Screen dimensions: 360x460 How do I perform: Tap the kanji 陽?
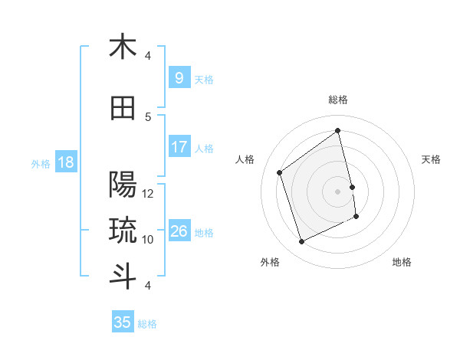coord(123,185)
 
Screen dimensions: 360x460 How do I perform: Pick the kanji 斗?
coord(123,277)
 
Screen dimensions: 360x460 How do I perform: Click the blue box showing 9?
coord(179,77)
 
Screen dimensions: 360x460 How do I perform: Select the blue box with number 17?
coord(179,147)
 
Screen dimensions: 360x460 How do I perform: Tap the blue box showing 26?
coord(179,231)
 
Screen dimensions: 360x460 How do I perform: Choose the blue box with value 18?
coord(65,162)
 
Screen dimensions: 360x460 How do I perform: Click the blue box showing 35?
coord(123,322)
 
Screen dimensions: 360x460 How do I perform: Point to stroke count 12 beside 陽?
coord(149,194)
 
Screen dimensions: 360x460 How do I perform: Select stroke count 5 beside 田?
coord(149,117)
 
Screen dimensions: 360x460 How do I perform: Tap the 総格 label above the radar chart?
coord(338,100)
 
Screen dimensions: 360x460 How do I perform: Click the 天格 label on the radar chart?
coord(431,159)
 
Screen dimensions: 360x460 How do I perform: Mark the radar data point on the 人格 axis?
coord(280,172)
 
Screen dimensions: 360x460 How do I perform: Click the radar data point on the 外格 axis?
coord(301,242)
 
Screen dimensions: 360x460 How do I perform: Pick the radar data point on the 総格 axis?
coord(338,130)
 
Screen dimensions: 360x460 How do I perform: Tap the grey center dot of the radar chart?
coord(338,191)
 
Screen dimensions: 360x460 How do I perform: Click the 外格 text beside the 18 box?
coord(41,163)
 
